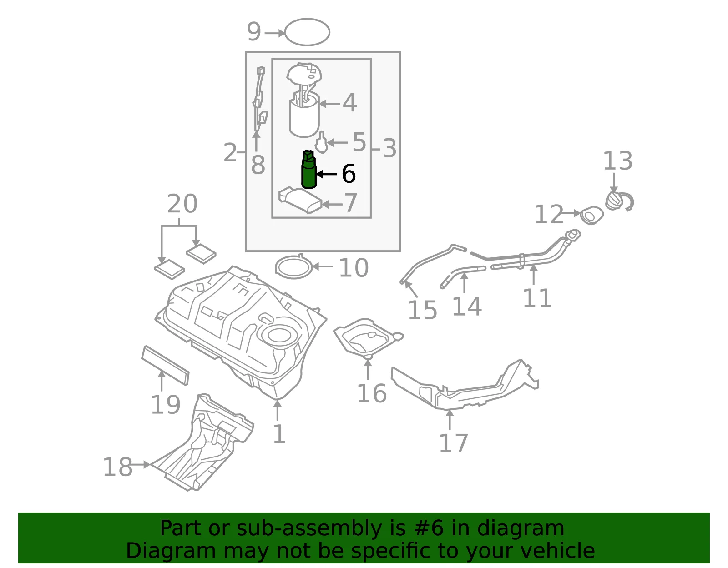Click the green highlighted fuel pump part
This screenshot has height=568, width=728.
[x=308, y=170]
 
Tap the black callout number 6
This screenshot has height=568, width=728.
[x=349, y=174]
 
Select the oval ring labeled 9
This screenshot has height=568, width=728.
[x=307, y=32]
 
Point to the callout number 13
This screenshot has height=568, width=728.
[x=617, y=161]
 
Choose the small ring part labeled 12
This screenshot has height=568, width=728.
[x=591, y=215]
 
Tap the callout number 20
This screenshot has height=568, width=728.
[x=182, y=203]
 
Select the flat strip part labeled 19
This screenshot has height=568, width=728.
[x=165, y=365]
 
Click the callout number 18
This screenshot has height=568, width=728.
[x=117, y=467]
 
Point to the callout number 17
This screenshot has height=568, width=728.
[x=453, y=444]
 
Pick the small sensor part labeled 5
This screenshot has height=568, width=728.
[x=322, y=142]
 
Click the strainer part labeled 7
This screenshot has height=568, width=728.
[x=300, y=200]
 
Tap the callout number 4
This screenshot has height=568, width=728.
[x=349, y=103]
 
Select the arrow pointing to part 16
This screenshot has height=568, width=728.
[x=368, y=369]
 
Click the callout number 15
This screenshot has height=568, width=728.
[x=422, y=310]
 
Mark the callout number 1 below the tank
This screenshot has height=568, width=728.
[x=279, y=434]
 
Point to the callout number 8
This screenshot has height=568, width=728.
[x=258, y=165]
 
